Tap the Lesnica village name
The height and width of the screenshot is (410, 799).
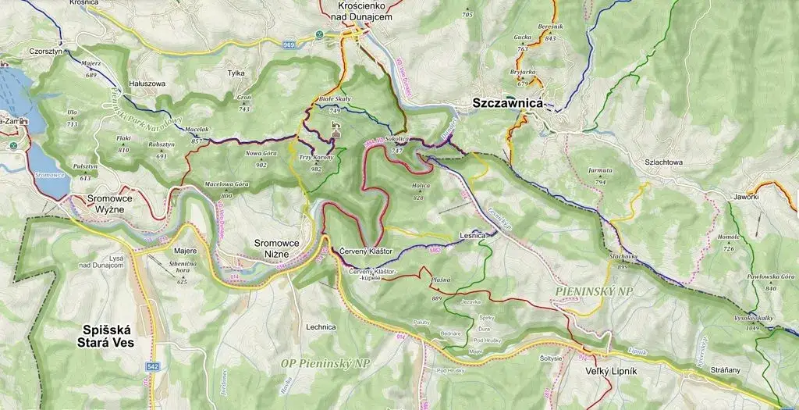tap(474, 235)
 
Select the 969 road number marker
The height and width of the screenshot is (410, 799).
tap(289, 45)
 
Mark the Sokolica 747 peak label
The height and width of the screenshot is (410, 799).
tap(396, 144)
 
